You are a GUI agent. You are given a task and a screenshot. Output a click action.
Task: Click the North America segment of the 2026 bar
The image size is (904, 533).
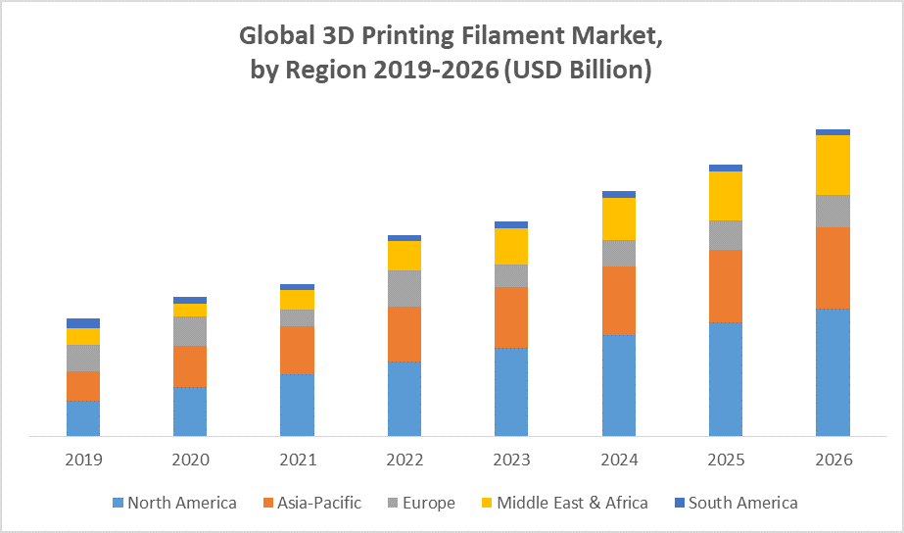(x=833, y=372)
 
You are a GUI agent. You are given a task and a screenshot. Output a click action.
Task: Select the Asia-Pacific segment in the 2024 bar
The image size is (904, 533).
(x=619, y=300)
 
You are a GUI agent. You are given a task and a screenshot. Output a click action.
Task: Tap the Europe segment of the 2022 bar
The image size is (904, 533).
(x=404, y=288)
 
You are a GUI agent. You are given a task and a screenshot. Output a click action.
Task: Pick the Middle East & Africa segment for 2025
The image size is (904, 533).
(x=726, y=196)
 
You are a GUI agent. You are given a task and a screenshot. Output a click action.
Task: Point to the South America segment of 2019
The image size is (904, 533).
(x=83, y=323)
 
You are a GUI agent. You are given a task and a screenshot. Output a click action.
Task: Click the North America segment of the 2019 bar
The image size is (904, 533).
(x=83, y=418)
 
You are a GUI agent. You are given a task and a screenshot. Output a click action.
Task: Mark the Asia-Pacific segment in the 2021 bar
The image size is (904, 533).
(x=297, y=350)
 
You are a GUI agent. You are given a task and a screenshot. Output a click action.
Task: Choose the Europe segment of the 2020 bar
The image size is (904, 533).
(x=190, y=331)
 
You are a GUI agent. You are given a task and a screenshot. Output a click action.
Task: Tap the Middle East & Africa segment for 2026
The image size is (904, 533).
(x=833, y=165)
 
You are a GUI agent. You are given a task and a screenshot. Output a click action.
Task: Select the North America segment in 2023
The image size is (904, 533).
(x=511, y=392)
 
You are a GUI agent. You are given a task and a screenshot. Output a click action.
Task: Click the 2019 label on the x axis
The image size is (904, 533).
(x=83, y=460)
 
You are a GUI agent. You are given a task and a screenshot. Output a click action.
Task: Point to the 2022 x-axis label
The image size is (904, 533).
(x=404, y=460)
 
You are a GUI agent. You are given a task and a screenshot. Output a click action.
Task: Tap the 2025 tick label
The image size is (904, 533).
(x=726, y=460)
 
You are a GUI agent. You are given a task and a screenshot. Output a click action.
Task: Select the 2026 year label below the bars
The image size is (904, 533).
(x=833, y=460)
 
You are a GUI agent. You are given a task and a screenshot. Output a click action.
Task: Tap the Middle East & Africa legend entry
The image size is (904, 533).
(x=562, y=503)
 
